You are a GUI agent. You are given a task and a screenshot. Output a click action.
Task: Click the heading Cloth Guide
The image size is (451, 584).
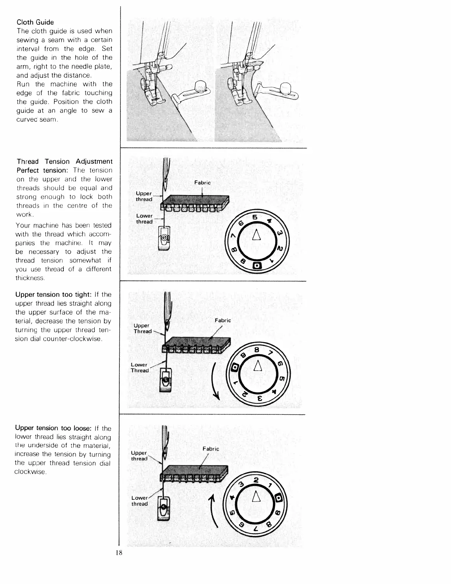[x=35, y=22]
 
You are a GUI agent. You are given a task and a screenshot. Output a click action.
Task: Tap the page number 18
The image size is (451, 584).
[x=119, y=553]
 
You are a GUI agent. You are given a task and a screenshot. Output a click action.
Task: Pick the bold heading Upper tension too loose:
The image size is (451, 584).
[x=53, y=428]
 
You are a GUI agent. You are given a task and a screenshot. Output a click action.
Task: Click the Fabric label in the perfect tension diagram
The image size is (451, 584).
[x=202, y=182]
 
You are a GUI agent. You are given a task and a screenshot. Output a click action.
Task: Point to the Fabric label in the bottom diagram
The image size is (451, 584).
[x=211, y=449]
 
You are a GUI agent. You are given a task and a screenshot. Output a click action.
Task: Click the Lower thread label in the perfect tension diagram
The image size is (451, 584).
[x=144, y=219]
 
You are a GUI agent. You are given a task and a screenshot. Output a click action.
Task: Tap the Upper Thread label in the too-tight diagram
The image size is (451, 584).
[x=143, y=328]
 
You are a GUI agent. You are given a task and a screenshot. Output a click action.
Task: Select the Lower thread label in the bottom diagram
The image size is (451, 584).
[x=140, y=501]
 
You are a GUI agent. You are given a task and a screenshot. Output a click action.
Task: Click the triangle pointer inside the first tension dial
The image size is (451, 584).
[x=257, y=235]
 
